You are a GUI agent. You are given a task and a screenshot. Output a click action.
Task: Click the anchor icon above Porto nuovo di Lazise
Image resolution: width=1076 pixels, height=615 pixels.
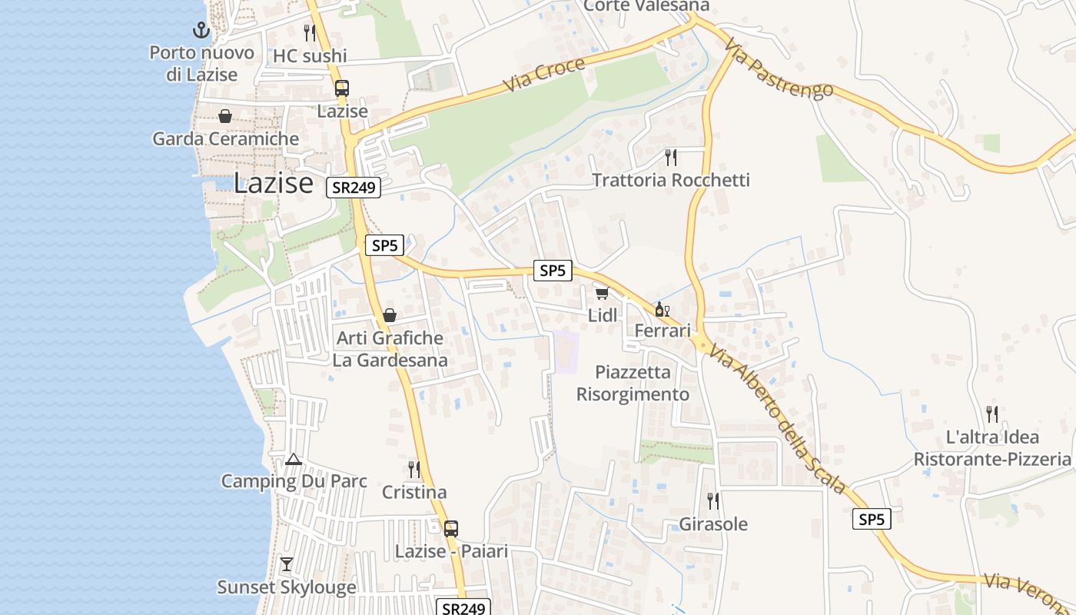tap(201, 31)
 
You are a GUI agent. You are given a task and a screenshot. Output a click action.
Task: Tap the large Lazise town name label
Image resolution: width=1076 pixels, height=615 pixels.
tap(274, 183)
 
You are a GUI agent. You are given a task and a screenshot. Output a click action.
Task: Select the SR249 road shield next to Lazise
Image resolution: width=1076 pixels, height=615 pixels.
tap(353, 188)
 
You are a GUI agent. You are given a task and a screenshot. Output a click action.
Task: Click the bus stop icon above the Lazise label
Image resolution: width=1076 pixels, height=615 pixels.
tap(342, 88)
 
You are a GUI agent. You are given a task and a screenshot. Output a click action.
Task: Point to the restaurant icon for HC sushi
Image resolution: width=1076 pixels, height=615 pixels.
tap(310, 32)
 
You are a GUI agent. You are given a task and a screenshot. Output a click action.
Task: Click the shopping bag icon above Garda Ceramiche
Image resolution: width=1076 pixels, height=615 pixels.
tap(225, 116)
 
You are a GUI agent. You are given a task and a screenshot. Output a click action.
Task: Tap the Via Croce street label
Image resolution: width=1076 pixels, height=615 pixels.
tap(544, 75)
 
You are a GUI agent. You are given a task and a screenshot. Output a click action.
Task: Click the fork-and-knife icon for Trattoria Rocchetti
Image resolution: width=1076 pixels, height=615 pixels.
tap(671, 158)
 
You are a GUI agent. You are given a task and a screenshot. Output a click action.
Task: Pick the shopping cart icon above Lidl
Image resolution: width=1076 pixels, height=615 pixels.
tap(602, 293)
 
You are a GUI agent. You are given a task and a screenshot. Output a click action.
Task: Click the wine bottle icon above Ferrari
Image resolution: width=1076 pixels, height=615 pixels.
tap(661, 310)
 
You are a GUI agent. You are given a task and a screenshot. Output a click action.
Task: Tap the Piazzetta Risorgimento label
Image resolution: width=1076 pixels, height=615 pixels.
tap(633, 383)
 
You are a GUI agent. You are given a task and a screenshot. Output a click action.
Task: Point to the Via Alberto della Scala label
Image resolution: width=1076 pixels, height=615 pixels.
tap(776, 419)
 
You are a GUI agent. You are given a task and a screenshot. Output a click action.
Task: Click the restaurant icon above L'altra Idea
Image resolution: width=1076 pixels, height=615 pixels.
tap(992, 414)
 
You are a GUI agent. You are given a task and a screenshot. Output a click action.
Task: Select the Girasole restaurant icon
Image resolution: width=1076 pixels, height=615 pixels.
tap(713, 501)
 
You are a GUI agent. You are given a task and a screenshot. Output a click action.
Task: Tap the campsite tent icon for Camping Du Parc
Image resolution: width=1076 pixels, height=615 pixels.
tap(293, 460)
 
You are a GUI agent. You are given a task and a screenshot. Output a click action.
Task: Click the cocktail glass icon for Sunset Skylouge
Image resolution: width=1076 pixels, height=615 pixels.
tap(287, 564)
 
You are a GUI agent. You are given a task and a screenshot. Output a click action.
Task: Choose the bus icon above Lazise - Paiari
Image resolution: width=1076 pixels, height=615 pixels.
tap(451, 529)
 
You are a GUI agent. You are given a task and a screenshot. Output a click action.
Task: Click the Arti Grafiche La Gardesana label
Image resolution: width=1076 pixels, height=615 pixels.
tap(390, 349)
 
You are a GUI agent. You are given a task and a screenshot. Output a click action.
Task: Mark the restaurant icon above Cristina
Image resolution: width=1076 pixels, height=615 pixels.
tap(413, 469)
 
